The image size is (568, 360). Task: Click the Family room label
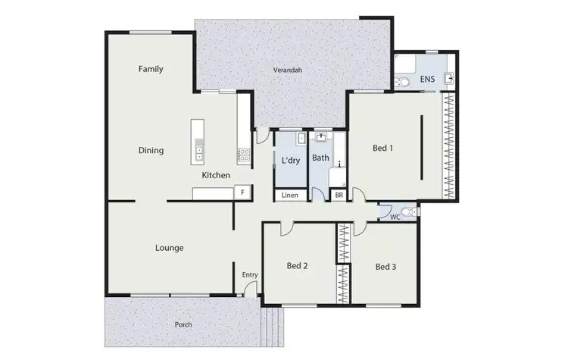(x=151, y=69)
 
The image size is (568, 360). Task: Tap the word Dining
(x=151, y=150)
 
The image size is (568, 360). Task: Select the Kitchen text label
(x=216, y=176)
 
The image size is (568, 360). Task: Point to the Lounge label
(x=169, y=247)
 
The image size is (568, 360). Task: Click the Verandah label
(x=287, y=70)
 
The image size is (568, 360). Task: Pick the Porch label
(x=183, y=324)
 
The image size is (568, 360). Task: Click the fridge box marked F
(x=242, y=193)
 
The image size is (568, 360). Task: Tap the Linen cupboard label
(x=289, y=196)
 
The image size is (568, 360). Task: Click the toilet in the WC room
(x=408, y=211)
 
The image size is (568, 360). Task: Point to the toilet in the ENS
(x=403, y=81)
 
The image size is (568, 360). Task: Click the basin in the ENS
(x=450, y=77)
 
